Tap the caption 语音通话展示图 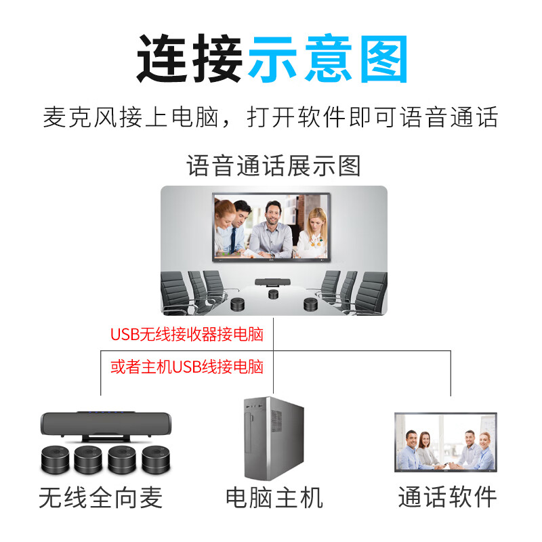pos(274,166)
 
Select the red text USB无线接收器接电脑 pos(186,334)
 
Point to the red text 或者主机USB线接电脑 pos(186,367)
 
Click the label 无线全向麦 pos(101,498)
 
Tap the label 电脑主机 pos(274,498)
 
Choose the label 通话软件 pos(447,498)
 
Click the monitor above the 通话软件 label pos(445,442)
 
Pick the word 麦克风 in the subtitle pos(73,117)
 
